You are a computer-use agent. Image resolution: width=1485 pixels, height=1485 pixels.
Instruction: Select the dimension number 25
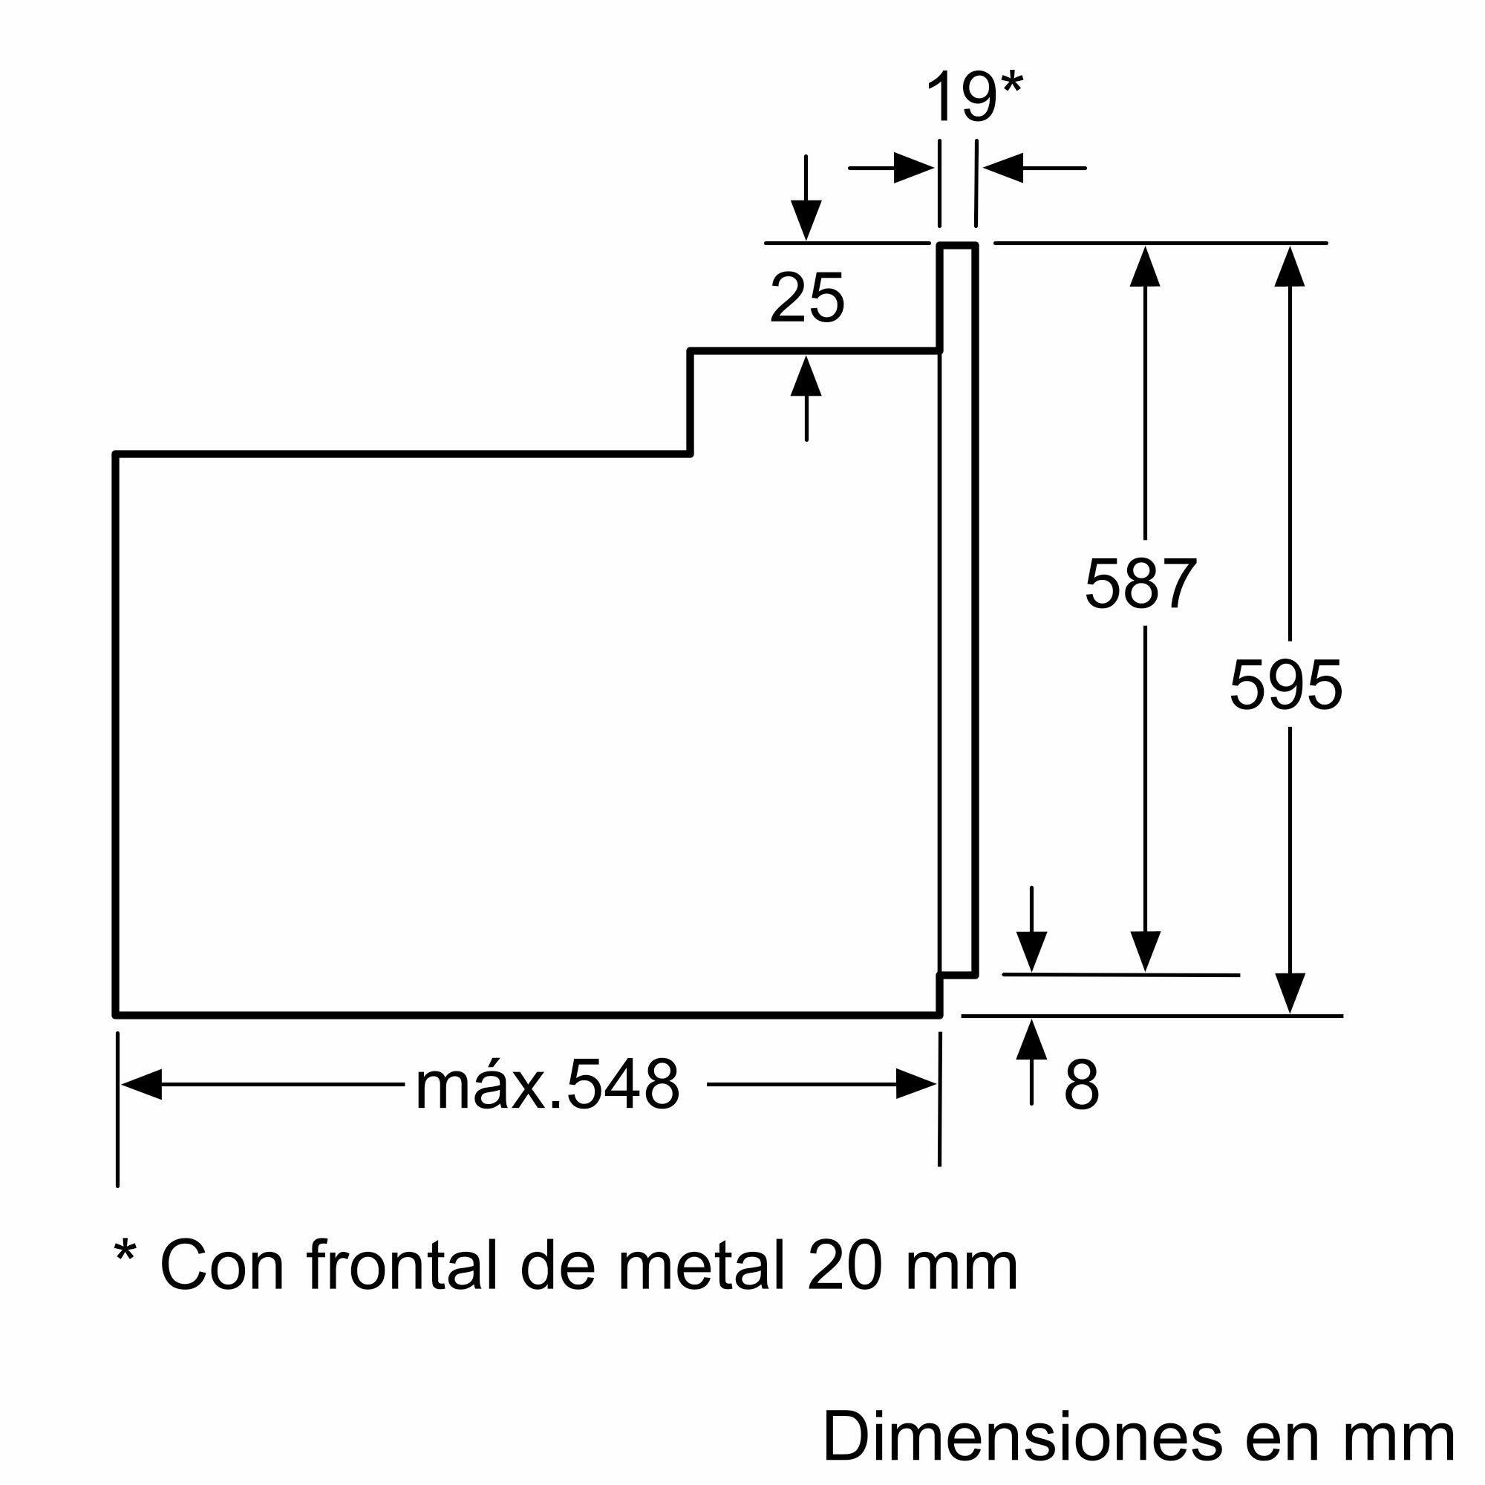tap(806, 298)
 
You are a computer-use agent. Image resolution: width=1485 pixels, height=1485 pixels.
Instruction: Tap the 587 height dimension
tap(1140, 584)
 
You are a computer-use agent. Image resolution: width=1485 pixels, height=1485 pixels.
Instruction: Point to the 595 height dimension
tap(1286, 684)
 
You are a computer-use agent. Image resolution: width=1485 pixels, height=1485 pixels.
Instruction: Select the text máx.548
tap(547, 1086)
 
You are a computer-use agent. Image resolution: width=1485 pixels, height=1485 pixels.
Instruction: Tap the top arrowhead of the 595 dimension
tap(1290, 266)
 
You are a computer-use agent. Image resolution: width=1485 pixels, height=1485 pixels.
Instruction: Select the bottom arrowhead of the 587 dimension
tap(1145, 952)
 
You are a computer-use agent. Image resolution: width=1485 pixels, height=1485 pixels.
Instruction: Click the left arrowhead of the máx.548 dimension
tap(141, 1085)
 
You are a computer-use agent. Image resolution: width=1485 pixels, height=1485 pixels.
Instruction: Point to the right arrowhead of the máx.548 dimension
tap(916, 1085)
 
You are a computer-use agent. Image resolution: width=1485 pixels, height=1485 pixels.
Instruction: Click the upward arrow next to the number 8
tap(1031, 1040)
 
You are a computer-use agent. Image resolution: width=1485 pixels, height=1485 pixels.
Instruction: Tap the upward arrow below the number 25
tap(806, 376)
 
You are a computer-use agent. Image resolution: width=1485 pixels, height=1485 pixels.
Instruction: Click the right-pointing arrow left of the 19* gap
tap(914, 168)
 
